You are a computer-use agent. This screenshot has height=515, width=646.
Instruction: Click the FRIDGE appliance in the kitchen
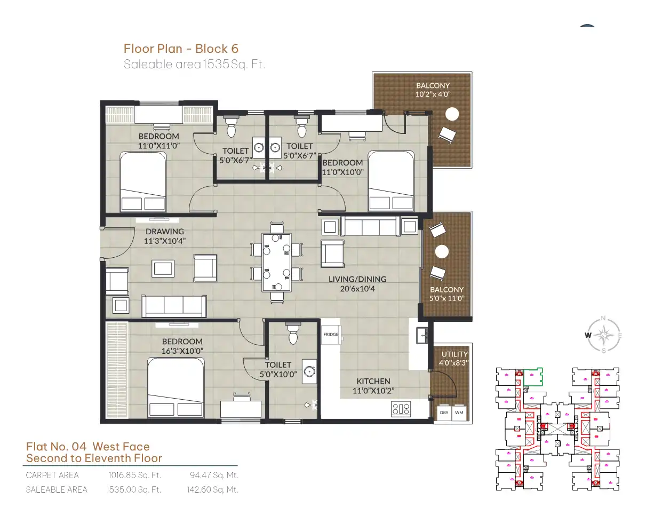[x=331, y=335]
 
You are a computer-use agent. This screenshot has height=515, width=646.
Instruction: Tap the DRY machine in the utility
[x=444, y=413]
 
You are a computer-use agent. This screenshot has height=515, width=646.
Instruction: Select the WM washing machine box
[x=459, y=413]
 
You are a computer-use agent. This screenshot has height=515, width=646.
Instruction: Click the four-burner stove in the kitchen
[x=401, y=409]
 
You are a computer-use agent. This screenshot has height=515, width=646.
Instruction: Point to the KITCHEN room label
[x=373, y=382]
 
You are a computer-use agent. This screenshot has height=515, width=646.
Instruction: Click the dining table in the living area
[x=276, y=263]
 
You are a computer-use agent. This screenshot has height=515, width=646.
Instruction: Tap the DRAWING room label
[x=164, y=232]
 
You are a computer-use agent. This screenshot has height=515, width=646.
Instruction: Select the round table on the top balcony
[x=452, y=114]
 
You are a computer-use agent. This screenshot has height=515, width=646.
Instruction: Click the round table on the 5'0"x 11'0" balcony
[x=442, y=252]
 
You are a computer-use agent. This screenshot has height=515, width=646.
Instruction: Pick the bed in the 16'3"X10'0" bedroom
[x=176, y=387]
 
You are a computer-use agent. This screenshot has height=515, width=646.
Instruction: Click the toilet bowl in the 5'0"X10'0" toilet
[x=293, y=334]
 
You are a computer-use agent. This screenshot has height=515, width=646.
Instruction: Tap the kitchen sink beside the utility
[x=422, y=336]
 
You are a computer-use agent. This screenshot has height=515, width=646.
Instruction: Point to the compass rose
[x=604, y=335]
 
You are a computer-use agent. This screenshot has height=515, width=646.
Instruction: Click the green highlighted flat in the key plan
[x=533, y=377]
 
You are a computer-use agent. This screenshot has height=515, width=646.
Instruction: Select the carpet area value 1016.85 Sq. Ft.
[x=135, y=475]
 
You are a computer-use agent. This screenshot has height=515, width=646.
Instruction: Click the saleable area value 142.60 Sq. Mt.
[x=212, y=489]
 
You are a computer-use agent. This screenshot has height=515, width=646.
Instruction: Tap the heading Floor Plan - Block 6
[x=181, y=49]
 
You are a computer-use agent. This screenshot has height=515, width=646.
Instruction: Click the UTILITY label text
[x=455, y=354]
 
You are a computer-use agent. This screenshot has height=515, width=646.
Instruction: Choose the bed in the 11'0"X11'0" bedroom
[x=143, y=181]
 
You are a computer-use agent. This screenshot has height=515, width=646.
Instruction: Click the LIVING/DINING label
[x=357, y=279]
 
